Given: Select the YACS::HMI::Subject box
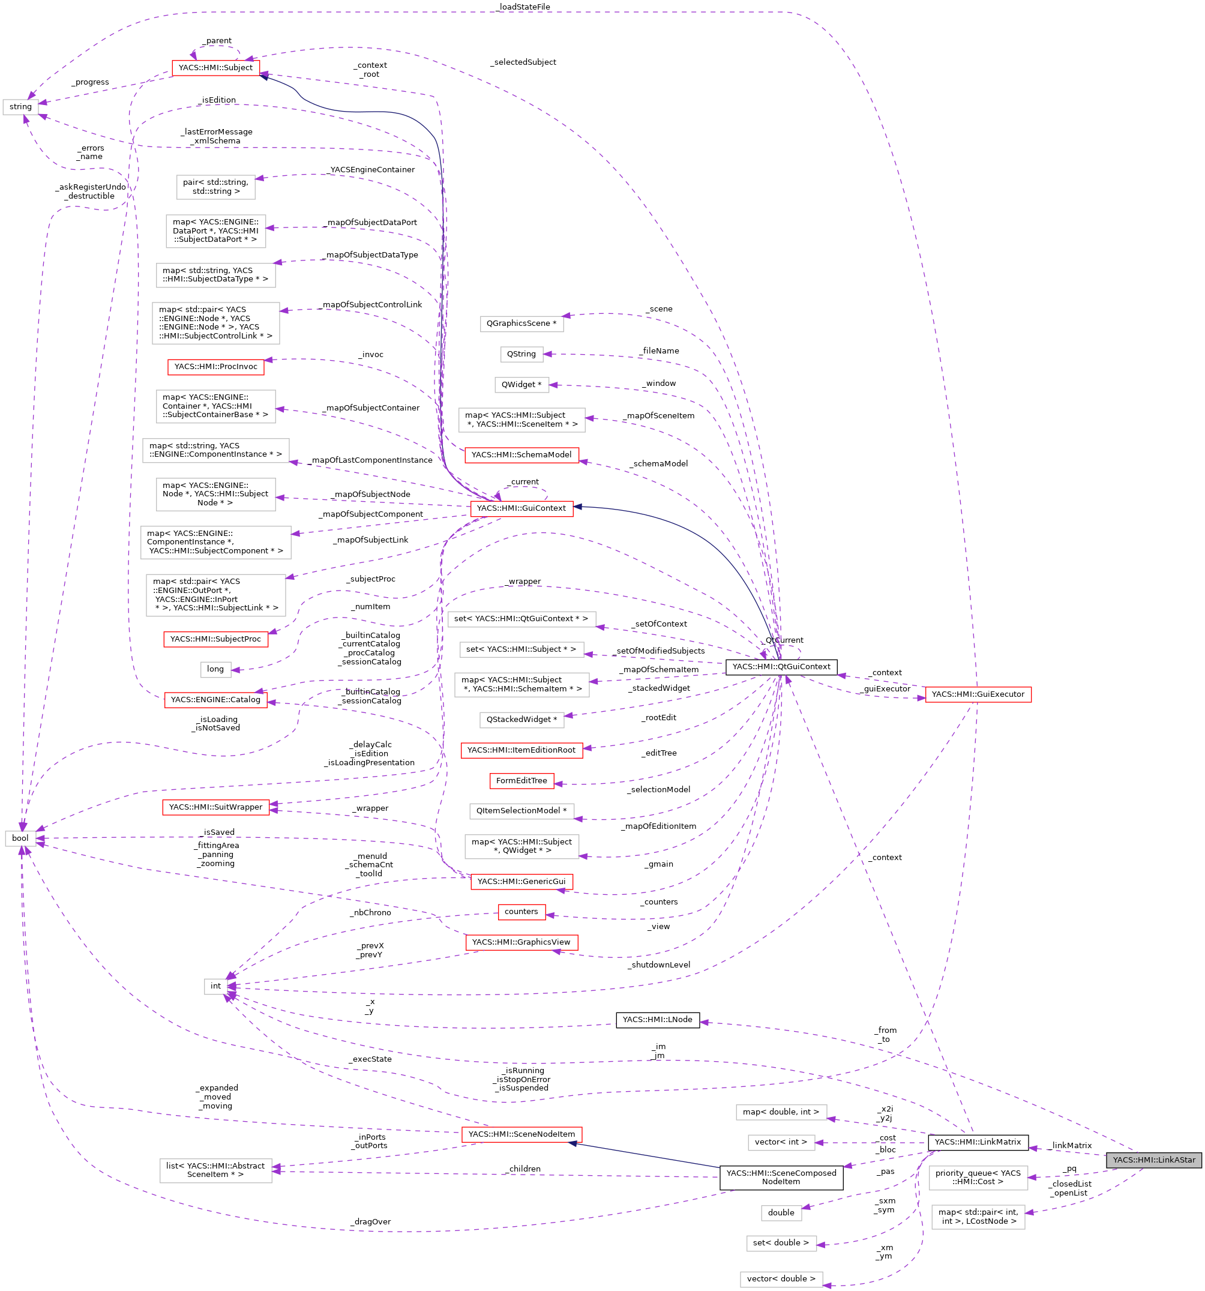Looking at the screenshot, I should [215, 68].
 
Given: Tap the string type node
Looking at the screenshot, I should [21, 106].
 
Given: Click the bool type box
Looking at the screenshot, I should [20, 838].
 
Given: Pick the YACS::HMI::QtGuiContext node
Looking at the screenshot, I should [781, 666].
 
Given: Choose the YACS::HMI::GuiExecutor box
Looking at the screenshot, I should [977, 694].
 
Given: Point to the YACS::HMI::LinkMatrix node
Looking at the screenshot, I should [978, 1142].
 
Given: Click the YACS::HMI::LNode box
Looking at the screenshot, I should [657, 1020].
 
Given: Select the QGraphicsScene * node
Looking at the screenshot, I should [521, 324].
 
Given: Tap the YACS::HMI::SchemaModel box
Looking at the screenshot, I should [521, 454].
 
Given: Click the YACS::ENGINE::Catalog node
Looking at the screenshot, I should [215, 699].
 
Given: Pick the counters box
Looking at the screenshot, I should [521, 912].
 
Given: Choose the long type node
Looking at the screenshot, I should [215, 669].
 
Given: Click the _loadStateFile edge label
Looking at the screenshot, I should [523, 7].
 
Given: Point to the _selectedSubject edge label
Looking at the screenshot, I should [523, 62].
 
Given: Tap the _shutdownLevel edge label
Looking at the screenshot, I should [658, 965].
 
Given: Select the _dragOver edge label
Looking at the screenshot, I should [371, 1221].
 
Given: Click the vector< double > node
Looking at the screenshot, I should [781, 1278].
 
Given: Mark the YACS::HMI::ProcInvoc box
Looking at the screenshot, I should [215, 367].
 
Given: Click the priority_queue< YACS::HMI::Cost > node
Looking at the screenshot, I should [978, 1178].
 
